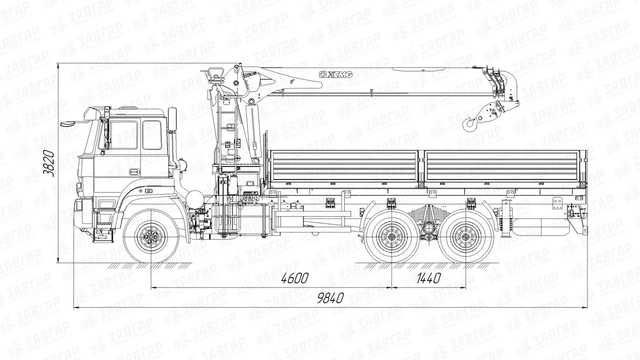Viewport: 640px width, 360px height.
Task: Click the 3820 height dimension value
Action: (48, 163)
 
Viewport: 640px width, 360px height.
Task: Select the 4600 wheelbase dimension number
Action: (294, 278)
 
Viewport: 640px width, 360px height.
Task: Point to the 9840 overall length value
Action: (330, 298)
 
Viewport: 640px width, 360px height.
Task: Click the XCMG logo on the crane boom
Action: (335, 74)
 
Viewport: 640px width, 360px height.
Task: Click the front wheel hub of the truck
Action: (151, 237)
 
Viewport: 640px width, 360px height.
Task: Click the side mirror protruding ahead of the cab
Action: (68, 123)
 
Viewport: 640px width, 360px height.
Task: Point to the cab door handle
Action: (132, 172)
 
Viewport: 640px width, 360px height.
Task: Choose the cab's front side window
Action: (123, 134)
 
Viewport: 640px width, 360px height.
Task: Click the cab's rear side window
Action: (151, 135)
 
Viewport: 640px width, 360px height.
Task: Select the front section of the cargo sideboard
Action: (344, 166)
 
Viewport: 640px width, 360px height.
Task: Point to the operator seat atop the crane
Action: (216, 75)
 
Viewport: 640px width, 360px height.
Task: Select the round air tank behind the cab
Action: (194, 198)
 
